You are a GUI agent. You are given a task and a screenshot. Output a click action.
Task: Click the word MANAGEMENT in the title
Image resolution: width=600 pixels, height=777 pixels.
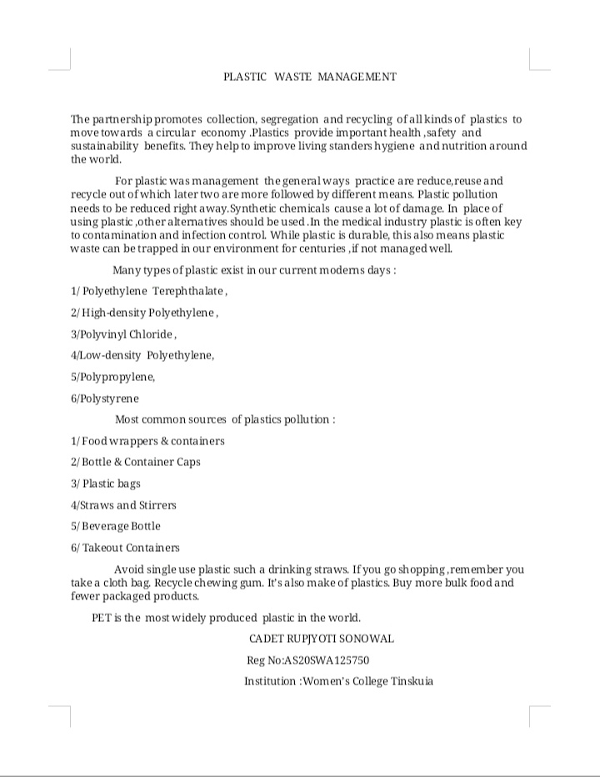coord(356,77)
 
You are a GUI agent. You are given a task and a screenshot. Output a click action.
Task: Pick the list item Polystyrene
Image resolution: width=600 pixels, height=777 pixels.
coord(109,399)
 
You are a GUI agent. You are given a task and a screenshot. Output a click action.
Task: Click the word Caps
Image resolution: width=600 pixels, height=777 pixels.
coord(188,462)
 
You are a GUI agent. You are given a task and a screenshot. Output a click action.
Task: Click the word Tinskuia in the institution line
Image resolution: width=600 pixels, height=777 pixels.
coord(411,681)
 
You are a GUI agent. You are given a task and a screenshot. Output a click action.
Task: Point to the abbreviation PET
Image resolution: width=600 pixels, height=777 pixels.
coord(102,618)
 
